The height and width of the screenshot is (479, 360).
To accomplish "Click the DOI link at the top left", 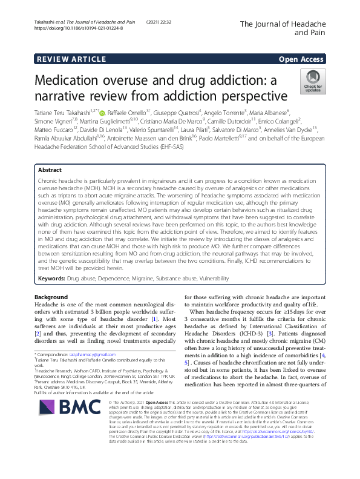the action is (x=79, y=28).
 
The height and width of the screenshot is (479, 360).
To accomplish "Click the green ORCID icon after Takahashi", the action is (x=102, y=112).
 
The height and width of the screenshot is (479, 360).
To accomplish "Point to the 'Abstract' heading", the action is (x=50, y=153).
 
